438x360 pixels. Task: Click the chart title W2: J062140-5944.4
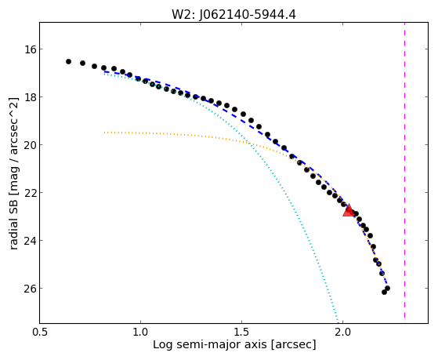[x=233, y=15]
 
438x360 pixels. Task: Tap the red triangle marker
[x=349, y=211]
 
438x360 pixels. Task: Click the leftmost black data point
[x=68, y=61]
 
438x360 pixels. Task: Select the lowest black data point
[x=385, y=292]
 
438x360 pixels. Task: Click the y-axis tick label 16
[x=30, y=49]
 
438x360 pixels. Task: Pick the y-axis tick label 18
[x=30, y=97]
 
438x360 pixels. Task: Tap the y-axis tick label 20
[x=30, y=145]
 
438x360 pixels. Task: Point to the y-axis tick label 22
[x=30, y=193]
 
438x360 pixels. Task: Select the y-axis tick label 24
[x=30, y=241]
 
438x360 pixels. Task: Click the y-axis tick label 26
[x=30, y=289]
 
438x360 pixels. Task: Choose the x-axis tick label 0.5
[x=40, y=332]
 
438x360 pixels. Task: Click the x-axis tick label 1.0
[x=140, y=332]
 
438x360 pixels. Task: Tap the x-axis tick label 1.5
[x=241, y=332]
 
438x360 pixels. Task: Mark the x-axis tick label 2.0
[x=342, y=332]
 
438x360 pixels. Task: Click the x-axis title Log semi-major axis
[x=209, y=344]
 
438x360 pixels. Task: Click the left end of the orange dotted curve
[x=104, y=133]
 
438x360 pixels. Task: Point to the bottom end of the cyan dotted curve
[x=338, y=322]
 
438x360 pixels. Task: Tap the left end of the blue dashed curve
[x=104, y=71]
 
